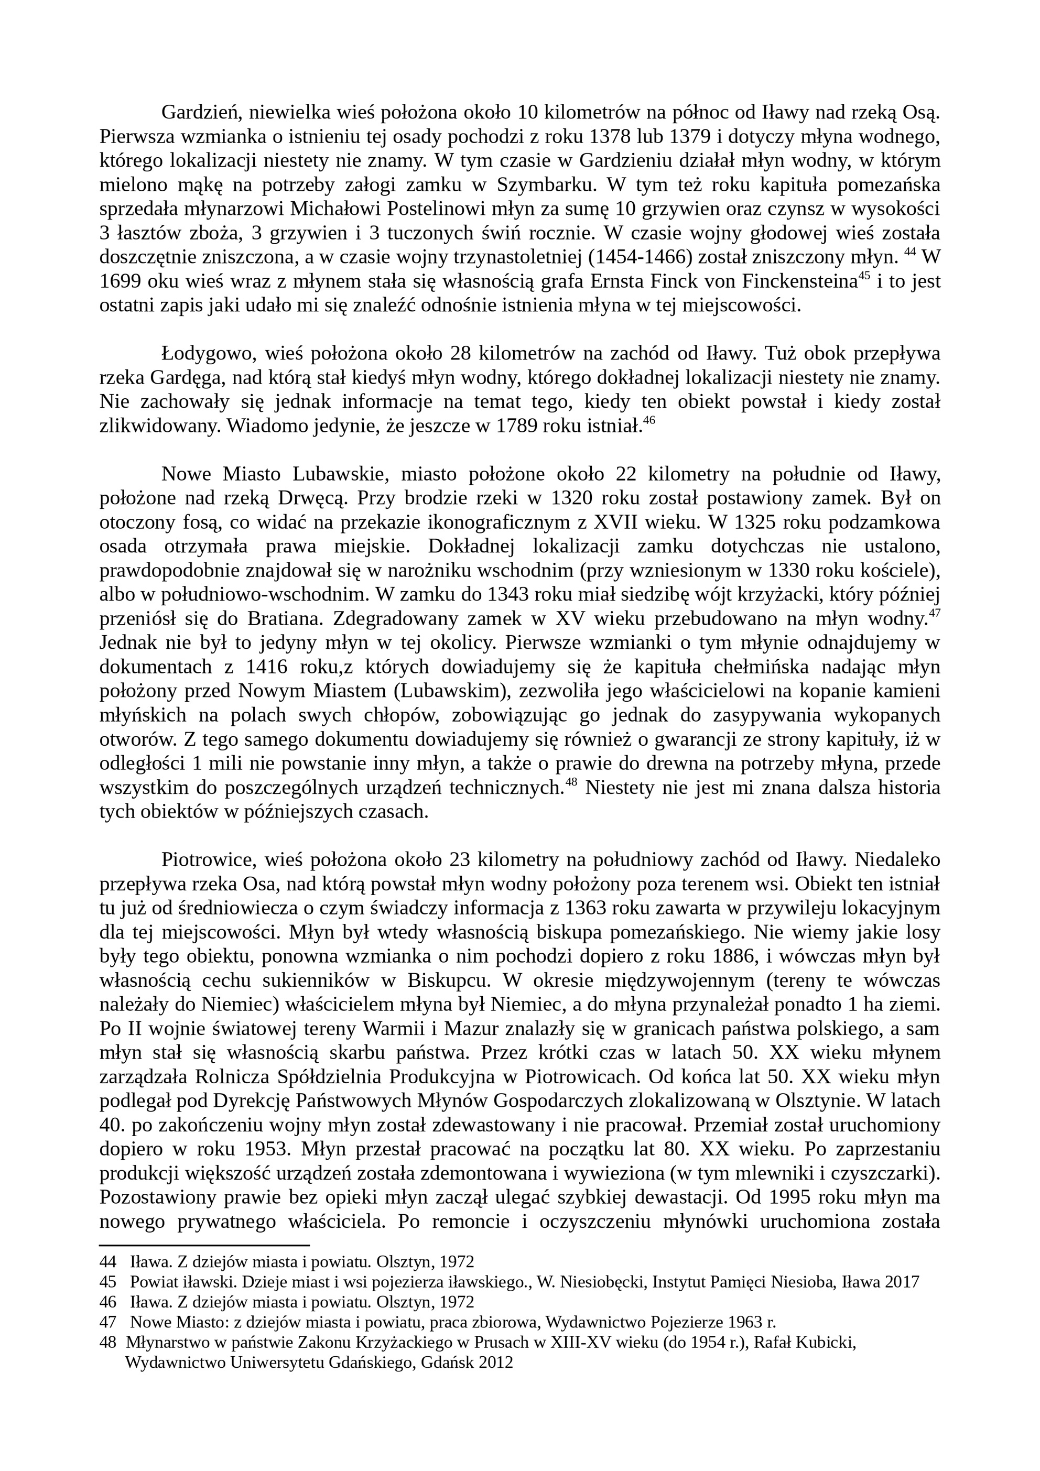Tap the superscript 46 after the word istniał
pos(648,421)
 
